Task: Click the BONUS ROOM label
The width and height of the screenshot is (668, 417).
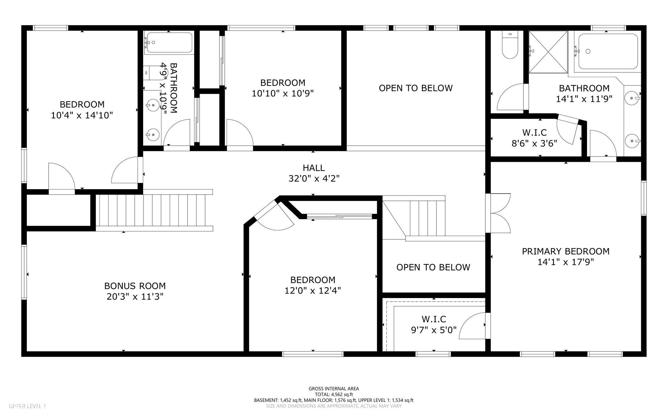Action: [x=135, y=286]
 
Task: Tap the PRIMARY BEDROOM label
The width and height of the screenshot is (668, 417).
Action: [x=566, y=251]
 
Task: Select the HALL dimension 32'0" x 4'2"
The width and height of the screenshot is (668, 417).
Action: [x=314, y=179]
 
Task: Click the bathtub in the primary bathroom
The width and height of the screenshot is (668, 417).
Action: [x=608, y=52]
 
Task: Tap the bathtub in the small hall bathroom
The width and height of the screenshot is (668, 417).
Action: [x=169, y=42]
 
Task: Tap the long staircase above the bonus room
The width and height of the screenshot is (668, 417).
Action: [x=153, y=210]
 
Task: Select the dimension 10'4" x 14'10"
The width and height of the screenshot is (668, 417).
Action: [x=82, y=115]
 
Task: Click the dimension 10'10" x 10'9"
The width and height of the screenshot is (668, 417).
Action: [x=282, y=94]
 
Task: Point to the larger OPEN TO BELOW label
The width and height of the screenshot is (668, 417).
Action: [x=416, y=88]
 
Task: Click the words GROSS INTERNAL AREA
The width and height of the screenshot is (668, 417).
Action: [x=334, y=389]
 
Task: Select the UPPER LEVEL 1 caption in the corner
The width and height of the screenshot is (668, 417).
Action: [x=28, y=406]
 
